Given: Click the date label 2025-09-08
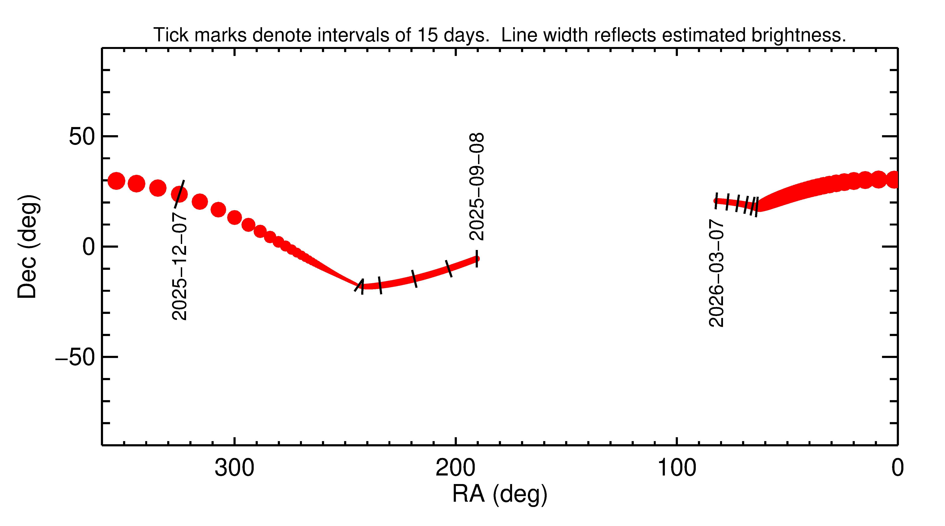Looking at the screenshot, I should [476, 187].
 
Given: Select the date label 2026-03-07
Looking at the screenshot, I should [716, 273].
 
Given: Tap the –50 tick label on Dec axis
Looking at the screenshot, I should [75, 357].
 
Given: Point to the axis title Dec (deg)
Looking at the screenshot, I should [28, 246].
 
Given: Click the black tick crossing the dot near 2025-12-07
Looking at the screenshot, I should [179, 193].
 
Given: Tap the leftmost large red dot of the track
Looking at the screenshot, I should [116, 181].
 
